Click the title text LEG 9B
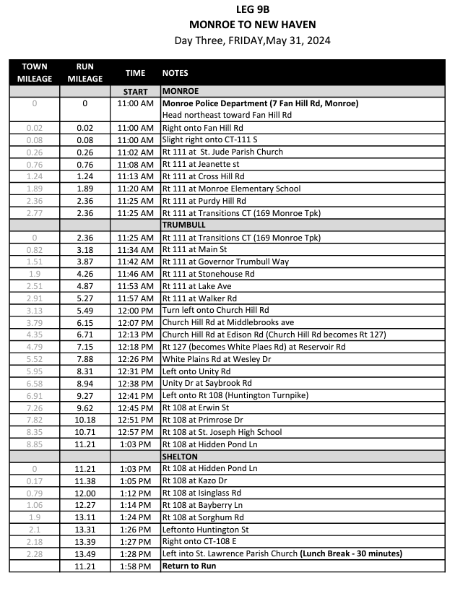pos(252,9)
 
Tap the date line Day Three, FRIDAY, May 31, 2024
pos(252,40)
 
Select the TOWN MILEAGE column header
pos(35,72)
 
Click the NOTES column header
pos(175,73)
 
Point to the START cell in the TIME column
pos(135,92)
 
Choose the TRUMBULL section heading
pos(184,225)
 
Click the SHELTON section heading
pos(180,457)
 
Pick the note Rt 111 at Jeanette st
pos(200,164)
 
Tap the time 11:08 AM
pos(135,164)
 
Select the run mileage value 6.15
pos(85,322)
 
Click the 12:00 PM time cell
pos(135,310)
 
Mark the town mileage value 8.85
pos(35,444)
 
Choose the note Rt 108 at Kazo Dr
pos(195,480)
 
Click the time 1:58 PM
pos(135,566)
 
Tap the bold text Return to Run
pos(189,566)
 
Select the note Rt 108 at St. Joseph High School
pos(222,432)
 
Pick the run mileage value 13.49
pos(85,553)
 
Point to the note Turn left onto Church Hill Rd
pos(215,310)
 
